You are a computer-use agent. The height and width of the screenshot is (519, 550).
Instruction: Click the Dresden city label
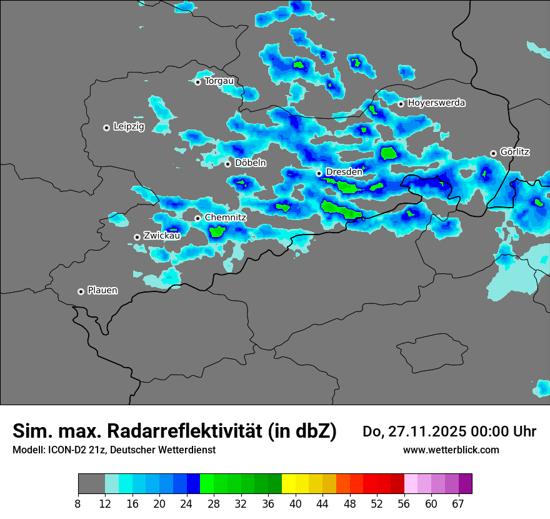pyautogui.click(x=344, y=171)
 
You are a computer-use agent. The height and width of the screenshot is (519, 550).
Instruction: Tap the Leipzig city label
pyautogui.click(x=129, y=126)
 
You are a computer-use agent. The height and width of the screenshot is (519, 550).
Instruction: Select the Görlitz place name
pyautogui.click(x=515, y=151)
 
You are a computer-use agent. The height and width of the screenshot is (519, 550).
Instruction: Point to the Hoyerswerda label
pyautogui.click(x=436, y=103)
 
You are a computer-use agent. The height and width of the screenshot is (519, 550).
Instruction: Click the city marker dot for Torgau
pyautogui.click(x=197, y=82)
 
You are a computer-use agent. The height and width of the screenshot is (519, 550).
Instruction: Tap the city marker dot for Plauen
pyautogui.click(x=81, y=291)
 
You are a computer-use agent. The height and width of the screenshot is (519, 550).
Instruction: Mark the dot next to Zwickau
pyautogui.click(x=137, y=237)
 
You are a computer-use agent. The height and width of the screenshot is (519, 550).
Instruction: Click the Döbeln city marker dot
pyautogui.click(x=227, y=164)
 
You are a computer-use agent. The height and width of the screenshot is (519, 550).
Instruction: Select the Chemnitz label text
pyautogui.click(x=226, y=217)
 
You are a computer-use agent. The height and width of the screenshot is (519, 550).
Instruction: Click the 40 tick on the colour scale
pyautogui.click(x=296, y=503)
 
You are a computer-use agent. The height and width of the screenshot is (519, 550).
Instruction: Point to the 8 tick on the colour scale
pyautogui.click(x=78, y=503)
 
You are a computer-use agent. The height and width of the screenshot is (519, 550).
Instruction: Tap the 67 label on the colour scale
pyautogui.click(x=458, y=503)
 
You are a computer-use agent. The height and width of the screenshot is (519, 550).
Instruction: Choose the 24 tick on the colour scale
pyautogui.click(x=187, y=503)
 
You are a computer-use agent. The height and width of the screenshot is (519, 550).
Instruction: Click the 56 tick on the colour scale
pyautogui.click(x=404, y=503)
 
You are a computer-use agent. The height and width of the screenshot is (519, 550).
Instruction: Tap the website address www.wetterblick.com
pyautogui.click(x=451, y=450)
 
